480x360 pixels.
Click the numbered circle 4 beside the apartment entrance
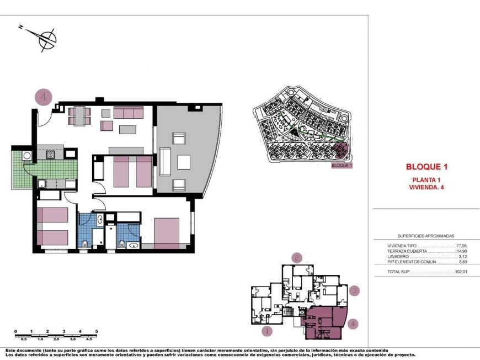pyautogui.click(x=44, y=97)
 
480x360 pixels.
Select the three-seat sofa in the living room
pyautogui.click(x=129, y=113)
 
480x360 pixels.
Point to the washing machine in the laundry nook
pyautogui.click(x=27, y=156)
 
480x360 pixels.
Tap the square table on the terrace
pyautogui.click(x=184, y=162)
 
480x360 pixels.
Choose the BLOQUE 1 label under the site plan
pyautogui.click(x=342, y=165)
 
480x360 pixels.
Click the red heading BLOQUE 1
pyautogui.click(x=425, y=166)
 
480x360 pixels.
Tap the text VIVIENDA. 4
pyautogui.click(x=425, y=187)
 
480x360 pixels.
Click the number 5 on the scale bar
pyautogui.click(x=97, y=331)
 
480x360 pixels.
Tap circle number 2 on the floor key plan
pyautogui.click(x=297, y=257)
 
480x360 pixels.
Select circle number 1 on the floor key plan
pyautogui.click(x=267, y=331)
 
